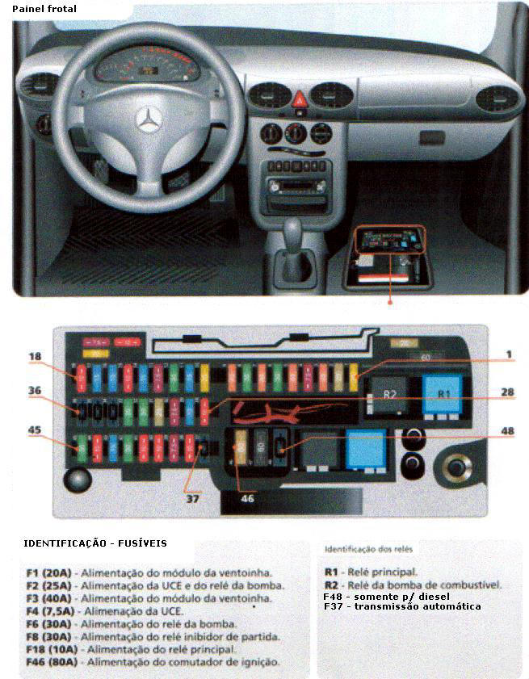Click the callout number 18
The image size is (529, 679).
tap(34, 356)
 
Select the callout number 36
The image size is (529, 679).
tap(34, 391)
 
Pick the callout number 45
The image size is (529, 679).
tap(34, 430)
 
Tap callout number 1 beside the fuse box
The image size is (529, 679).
tap(509, 354)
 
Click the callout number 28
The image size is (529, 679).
tap(506, 392)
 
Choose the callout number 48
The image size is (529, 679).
tap(506, 430)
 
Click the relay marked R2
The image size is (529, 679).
tap(390, 395)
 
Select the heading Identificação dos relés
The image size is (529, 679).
tap(369, 549)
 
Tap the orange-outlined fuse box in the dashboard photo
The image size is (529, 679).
tap(388, 243)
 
